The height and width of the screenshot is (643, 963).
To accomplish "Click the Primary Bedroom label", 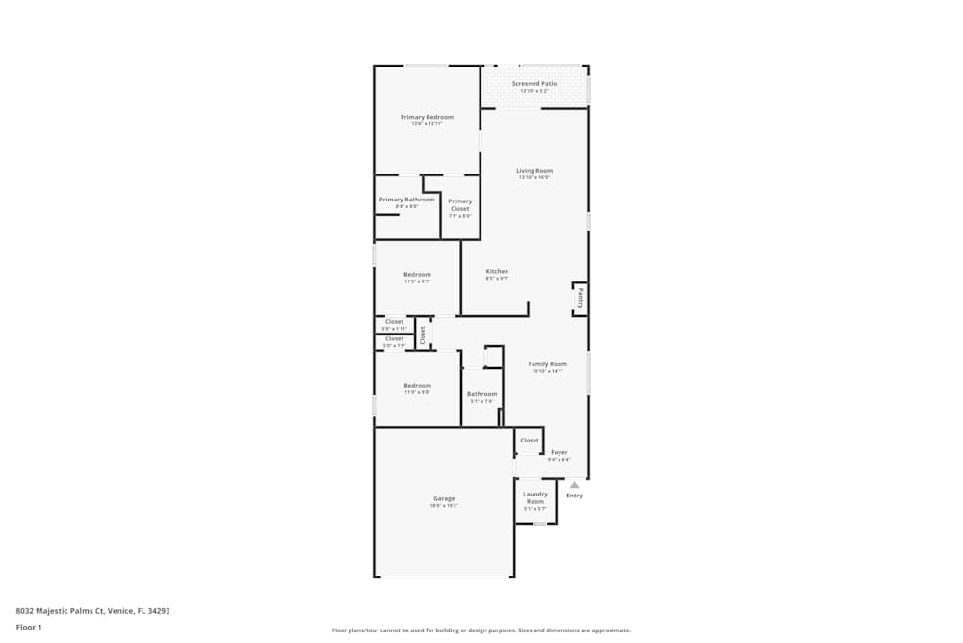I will coord(427,117).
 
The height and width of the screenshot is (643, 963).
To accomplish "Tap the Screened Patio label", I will coord(534,84).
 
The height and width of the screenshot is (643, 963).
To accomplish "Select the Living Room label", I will coord(534,171).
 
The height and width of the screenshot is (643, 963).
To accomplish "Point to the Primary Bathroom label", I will coord(400,200).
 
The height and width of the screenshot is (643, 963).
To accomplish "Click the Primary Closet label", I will coord(460,204).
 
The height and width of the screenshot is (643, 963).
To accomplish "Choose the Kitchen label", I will coord(497,272).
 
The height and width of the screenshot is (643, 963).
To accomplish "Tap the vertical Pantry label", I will coord(580,298).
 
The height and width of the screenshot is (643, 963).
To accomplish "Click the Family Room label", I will coord(548,364).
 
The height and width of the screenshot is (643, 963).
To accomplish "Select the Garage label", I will coord(444,498).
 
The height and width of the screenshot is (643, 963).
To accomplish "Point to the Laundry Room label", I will coord(535,497).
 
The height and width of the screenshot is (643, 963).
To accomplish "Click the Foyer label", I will coord(560,452).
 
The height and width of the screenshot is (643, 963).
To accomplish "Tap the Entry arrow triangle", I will coord(575,485).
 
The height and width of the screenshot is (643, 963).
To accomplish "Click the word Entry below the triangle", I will coord(575,496).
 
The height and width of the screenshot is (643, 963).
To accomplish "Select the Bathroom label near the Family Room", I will coord(482,393).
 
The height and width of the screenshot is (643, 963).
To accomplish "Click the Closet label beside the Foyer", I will coord(530,441).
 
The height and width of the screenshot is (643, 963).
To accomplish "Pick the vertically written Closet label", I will coord(422,334).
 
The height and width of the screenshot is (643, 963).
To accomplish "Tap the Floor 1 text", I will coord(29,627).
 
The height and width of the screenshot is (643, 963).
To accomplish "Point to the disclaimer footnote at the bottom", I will coord(481,630).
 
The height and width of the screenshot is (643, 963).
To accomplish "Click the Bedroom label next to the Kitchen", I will coord(417,275).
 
